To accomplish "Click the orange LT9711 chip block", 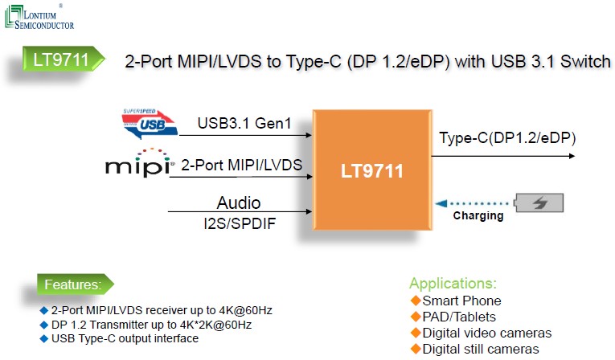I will (371, 171).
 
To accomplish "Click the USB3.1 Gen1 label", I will (244, 125).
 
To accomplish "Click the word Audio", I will (239, 202).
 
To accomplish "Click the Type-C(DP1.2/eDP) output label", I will (506, 138).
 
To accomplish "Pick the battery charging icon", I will (540, 203).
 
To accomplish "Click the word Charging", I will (478, 216).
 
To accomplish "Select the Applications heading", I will (453, 284).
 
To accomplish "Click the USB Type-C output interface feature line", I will (125, 338).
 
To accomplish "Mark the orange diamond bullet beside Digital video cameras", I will (416, 333).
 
